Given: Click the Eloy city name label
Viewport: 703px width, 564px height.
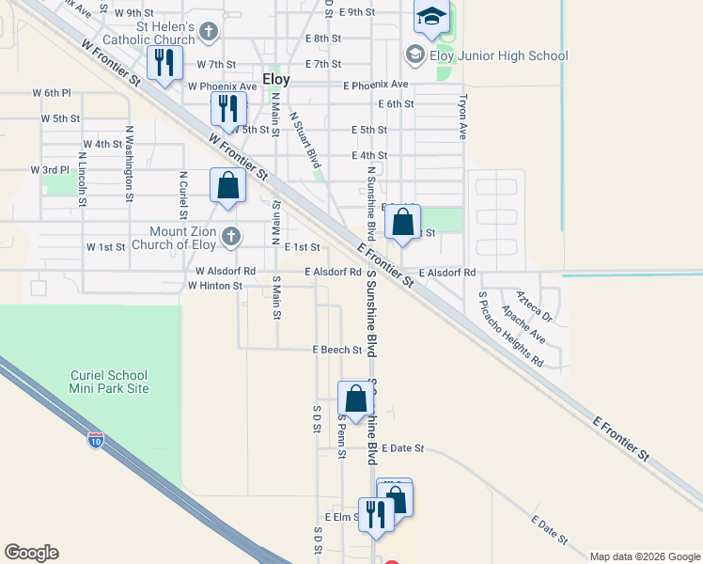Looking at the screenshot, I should (276, 80).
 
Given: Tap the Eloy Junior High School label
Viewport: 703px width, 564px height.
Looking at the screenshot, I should (498, 55).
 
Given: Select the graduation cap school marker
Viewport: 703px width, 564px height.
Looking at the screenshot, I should (431, 19).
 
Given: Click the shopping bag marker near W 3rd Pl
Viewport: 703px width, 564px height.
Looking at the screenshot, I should (227, 187).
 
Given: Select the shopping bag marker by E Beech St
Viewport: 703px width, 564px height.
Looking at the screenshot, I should (355, 399).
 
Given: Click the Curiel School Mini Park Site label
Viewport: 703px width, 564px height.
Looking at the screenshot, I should (109, 381).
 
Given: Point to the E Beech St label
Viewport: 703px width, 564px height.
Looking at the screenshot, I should (337, 350).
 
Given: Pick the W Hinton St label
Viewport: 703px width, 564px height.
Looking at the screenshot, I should (215, 285).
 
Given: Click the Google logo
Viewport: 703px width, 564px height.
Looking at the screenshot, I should (31, 553).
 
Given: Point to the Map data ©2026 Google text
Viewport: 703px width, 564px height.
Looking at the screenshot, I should (644, 556).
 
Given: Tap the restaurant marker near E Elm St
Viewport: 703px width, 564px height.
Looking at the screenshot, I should (375, 516).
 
